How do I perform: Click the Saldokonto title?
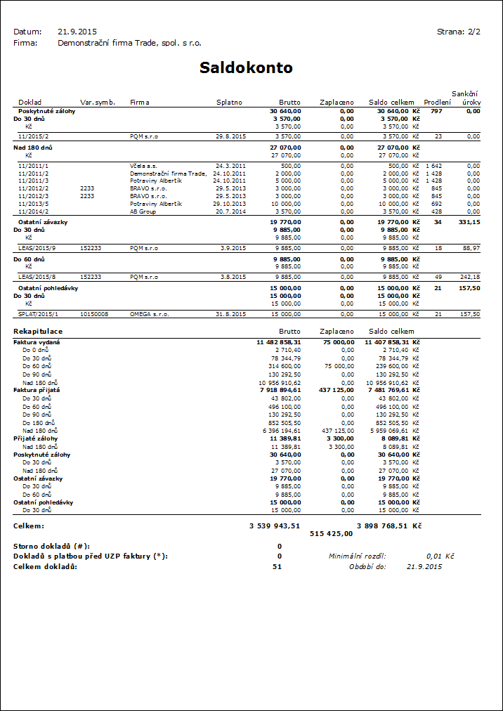pos(246,67)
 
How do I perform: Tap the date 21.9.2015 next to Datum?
pos(77,32)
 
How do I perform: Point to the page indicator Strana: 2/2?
pos(458,32)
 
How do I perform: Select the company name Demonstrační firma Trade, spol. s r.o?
pos(129,43)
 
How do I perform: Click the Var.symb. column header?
pos(98,103)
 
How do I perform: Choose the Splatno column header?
pos(229,103)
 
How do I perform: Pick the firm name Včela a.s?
pos(143,166)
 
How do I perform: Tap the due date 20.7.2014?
pos(230,211)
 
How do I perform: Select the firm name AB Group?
pos(143,211)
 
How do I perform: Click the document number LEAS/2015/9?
pos(37,248)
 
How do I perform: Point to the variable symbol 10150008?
pos(95,314)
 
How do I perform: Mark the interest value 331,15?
pos(469,222)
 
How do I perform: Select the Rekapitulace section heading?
pos(38,331)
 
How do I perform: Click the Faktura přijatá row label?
pos(37,389)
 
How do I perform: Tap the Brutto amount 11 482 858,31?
pos(279,341)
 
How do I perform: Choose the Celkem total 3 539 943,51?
pos(275,525)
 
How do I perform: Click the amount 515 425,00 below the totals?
pos(331,533)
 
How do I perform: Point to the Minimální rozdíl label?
pos(358,556)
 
